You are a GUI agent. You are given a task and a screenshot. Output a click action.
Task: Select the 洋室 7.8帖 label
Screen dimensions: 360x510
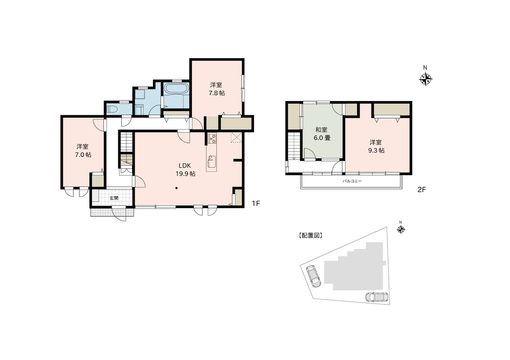(x=216, y=89)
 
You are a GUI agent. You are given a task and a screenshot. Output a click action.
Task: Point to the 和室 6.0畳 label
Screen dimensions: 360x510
(x=321, y=134)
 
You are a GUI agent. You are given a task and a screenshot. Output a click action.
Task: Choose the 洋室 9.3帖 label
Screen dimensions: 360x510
(x=377, y=146)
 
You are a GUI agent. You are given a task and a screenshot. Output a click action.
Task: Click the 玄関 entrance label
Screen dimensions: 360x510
(x=113, y=198)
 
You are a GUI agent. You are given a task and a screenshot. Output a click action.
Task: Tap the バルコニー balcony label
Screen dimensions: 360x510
(x=352, y=181)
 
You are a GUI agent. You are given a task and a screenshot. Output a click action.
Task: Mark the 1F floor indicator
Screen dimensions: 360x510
(x=256, y=203)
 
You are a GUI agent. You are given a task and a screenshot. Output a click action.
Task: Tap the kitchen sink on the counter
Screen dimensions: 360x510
(x=212, y=164)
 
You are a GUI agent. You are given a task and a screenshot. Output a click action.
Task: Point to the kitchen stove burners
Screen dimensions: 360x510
(x=212, y=139)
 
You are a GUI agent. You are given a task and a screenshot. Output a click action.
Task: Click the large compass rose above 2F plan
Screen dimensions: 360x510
(x=425, y=79)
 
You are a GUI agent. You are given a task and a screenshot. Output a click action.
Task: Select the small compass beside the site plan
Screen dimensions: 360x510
(x=401, y=229)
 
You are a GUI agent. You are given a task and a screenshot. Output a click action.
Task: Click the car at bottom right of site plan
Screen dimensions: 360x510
(x=377, y=297)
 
